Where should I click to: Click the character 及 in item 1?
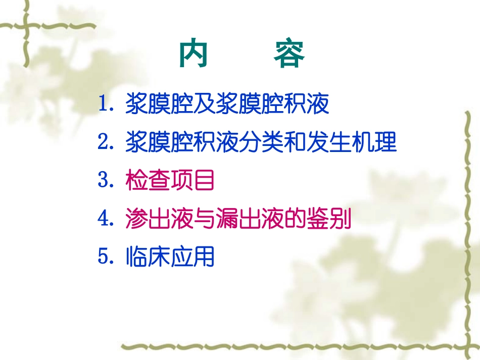(205, 104)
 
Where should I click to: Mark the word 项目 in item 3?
(193, 180)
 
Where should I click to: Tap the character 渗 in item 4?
(136, 218)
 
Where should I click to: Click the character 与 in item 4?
(205, 218)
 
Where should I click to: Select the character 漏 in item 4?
(227, 218)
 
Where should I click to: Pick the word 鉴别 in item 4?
(329, 218)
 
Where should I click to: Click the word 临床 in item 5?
(148, 256)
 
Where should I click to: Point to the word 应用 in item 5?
(193, 256)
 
